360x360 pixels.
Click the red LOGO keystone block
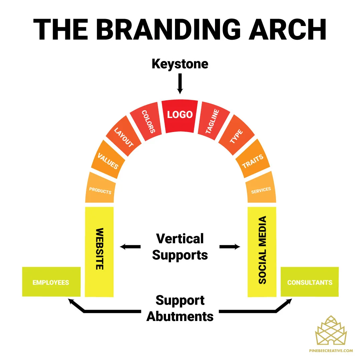pyautogui.click(x=180, y=116)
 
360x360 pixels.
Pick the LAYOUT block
pyautogui.click(x=124, y=136)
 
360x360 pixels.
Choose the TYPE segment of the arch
pyautogui.click(x=236, y=135)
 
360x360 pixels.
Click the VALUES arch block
pyautogui.click(x=108, y=160)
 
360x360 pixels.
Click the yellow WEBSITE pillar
pyautogui.click(x=99, y=252)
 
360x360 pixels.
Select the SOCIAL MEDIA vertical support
pyautogui.click(x=262, y=252)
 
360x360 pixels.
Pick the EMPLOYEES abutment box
pyautogui.click(x=51, y=282)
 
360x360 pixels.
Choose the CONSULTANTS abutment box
pyautogui.click(x=309, y=282)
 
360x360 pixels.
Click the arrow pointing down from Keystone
pyautogui.click(x=180, y=84)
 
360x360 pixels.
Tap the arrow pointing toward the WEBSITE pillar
pyautogui.click(x=130, y=247)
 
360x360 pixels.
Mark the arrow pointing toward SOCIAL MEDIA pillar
pyautogui.click(x=230, y=247)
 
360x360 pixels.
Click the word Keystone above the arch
pyautogui.click(x=180, y=64)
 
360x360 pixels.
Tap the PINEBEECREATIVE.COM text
pyautogui.click(x=331, y=351)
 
